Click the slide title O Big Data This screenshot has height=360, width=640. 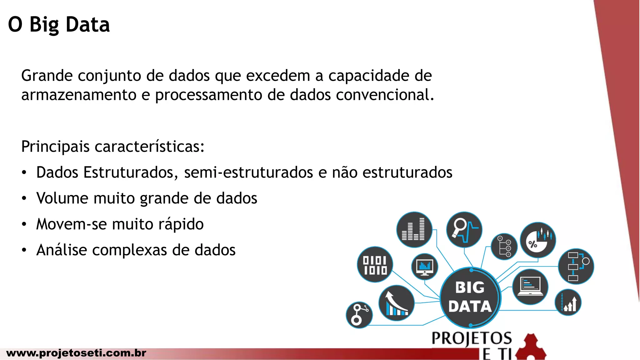(x=59, y=25)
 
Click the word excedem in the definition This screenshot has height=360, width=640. (x=278, y=76)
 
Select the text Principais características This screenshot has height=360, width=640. (x=112, y=146)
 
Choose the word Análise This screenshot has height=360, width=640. (x=62, y=250)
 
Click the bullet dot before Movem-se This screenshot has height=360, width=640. (x=24, y=224)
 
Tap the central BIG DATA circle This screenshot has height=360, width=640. (x=470, y=297)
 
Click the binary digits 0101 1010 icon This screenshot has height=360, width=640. (x=375, y=264)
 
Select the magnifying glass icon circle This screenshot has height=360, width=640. (x=464, y=230)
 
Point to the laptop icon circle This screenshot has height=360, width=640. (x=530, y=287)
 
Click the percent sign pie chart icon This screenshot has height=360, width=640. (x=537, y=240)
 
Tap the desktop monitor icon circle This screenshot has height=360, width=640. (x=425, y=267)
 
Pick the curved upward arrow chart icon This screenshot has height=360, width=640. (x=396, y=303)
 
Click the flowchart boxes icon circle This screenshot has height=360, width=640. (x=576, y=266)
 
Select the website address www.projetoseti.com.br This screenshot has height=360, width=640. (x=76, y=353)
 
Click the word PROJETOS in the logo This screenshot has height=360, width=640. (x=472, y=338)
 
